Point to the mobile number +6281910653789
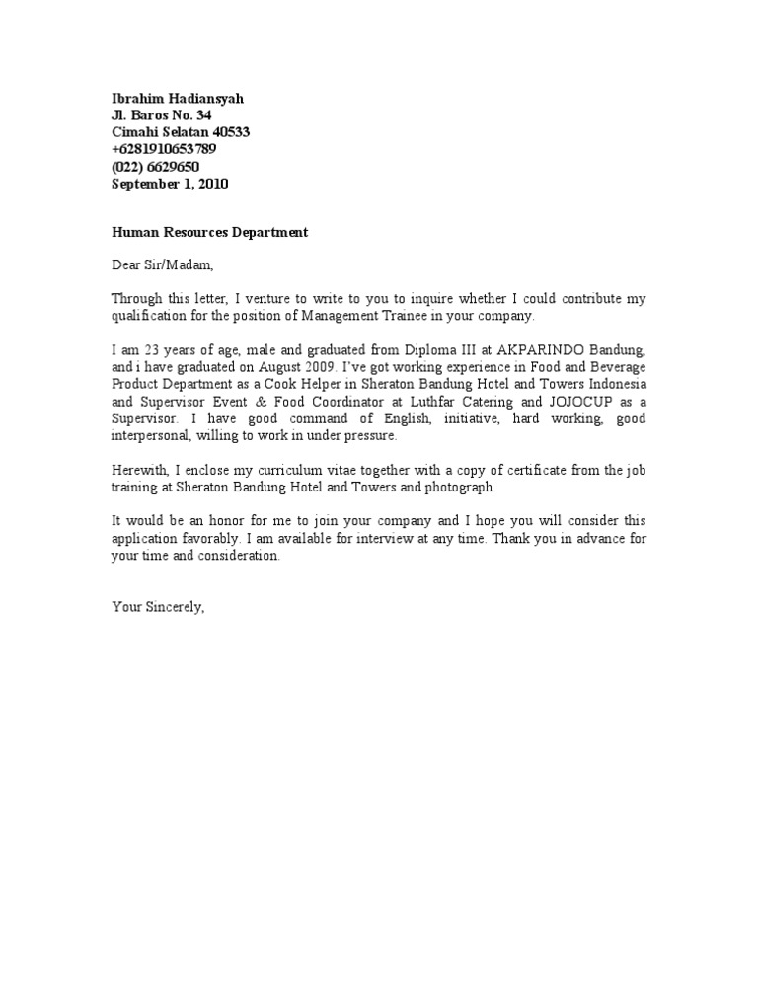pyautogui.click(x=164, y=149)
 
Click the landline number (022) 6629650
pyautogui.click(x=156, y=166)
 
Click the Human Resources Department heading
pyautogui.click(x=209, y=232)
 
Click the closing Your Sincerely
pyautogui.click(x=159, y=607)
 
